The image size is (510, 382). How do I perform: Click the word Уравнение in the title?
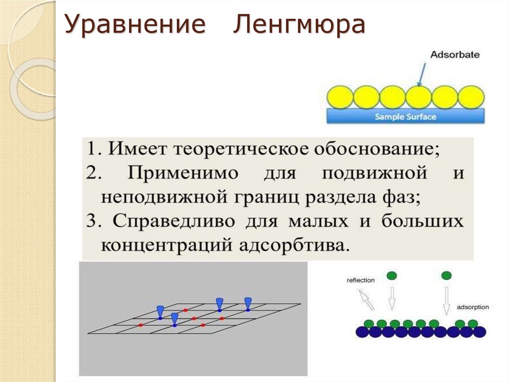point(135,26)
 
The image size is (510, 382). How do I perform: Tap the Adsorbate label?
point(454,54)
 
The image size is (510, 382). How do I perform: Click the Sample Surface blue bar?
point(405,117)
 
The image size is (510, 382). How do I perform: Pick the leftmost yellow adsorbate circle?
point(340,97)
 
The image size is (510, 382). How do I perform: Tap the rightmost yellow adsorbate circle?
point(471,97)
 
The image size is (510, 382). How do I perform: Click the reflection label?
point(360,280)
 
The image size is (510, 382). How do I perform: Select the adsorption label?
point(473,307)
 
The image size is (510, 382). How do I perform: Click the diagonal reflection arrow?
point(366,300)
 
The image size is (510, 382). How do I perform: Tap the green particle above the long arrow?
point(447,275)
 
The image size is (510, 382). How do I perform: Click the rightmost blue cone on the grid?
point(248,302)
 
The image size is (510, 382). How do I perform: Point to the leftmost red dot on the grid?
point(141,325)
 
